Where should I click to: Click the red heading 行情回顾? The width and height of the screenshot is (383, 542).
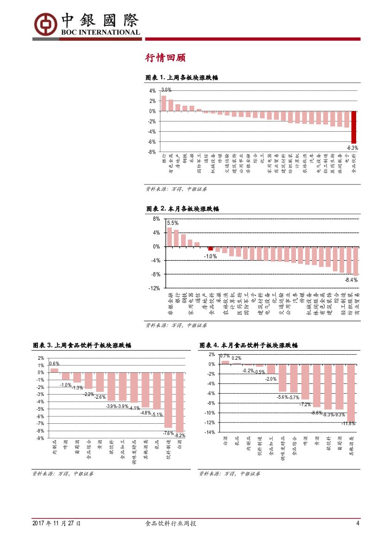pos(165,57)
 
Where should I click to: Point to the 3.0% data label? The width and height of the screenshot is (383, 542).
pos(166,90)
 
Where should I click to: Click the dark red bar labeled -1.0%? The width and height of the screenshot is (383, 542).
pos(210,249)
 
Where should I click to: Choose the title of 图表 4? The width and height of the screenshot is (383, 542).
pos(249,345)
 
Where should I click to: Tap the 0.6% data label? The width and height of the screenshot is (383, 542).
pos(54,364)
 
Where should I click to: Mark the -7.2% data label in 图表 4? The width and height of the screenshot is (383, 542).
pos(305,404)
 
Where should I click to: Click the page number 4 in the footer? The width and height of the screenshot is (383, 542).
pos(358,523)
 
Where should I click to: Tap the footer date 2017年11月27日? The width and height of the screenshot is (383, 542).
pos(57,523)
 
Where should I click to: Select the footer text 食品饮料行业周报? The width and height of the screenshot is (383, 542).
pos(171,523)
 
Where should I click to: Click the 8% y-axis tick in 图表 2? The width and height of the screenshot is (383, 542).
pos(156,219)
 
